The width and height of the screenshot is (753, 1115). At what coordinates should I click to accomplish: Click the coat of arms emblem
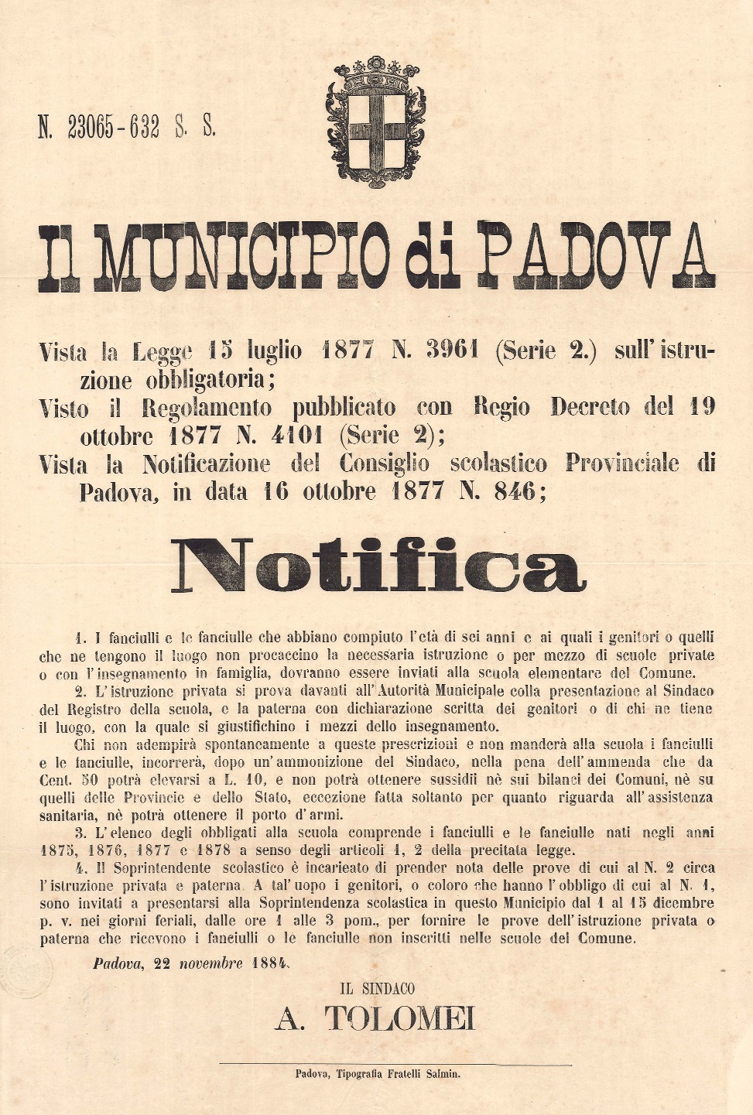[376, 124]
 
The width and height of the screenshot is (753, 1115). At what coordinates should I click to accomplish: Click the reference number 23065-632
[113, 126]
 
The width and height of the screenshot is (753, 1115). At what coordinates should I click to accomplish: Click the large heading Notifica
[378, 566]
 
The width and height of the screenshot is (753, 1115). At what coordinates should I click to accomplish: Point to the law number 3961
[452, 351]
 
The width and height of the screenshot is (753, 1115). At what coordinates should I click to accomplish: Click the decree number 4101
[297, 436]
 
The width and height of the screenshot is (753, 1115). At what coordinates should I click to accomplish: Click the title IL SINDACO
[377, 989]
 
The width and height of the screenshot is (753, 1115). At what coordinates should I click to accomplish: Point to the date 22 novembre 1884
[192, 964]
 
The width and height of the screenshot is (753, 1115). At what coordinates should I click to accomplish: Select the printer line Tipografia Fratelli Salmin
[399, 1073]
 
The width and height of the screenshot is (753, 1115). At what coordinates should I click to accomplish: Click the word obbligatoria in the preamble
[204, 379]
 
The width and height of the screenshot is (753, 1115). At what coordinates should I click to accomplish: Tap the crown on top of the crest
[376, 74]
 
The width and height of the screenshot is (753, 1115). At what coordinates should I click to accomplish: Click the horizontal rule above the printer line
[395, 1064]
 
